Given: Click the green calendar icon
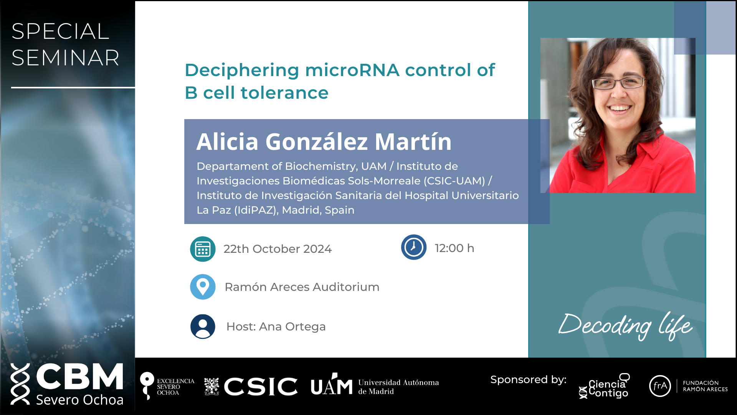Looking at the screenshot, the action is [x=203, y=249].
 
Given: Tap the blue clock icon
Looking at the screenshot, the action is [x=414, y=247].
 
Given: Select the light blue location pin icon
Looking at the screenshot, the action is [x=203, y=287].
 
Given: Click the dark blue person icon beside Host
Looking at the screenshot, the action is [x=203, y=327].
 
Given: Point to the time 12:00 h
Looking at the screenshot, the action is [x=454, y=248].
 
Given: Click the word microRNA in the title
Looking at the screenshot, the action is [x=352, y=70].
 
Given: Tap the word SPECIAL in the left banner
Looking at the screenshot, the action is [x=60, y=31].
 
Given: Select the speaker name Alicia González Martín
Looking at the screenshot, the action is [x=324, y=141].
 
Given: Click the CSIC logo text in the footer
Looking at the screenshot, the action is [x=261, y=386].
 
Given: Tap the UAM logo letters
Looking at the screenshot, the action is [x=331, y=385].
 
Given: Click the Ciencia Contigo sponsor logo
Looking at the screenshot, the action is [x=605, y=386].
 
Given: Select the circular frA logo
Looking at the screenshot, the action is [x=660, y=386].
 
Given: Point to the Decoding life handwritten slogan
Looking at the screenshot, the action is [x=626, y=326].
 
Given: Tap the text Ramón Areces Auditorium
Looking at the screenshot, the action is [x=302, y=287].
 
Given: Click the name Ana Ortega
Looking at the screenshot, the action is [x=292, y=327].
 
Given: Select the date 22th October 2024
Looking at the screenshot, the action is [x=278, y=249].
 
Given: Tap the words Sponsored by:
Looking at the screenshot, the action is [x=528, y=380].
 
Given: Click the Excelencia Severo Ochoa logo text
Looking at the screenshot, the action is [x=175, y=387].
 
